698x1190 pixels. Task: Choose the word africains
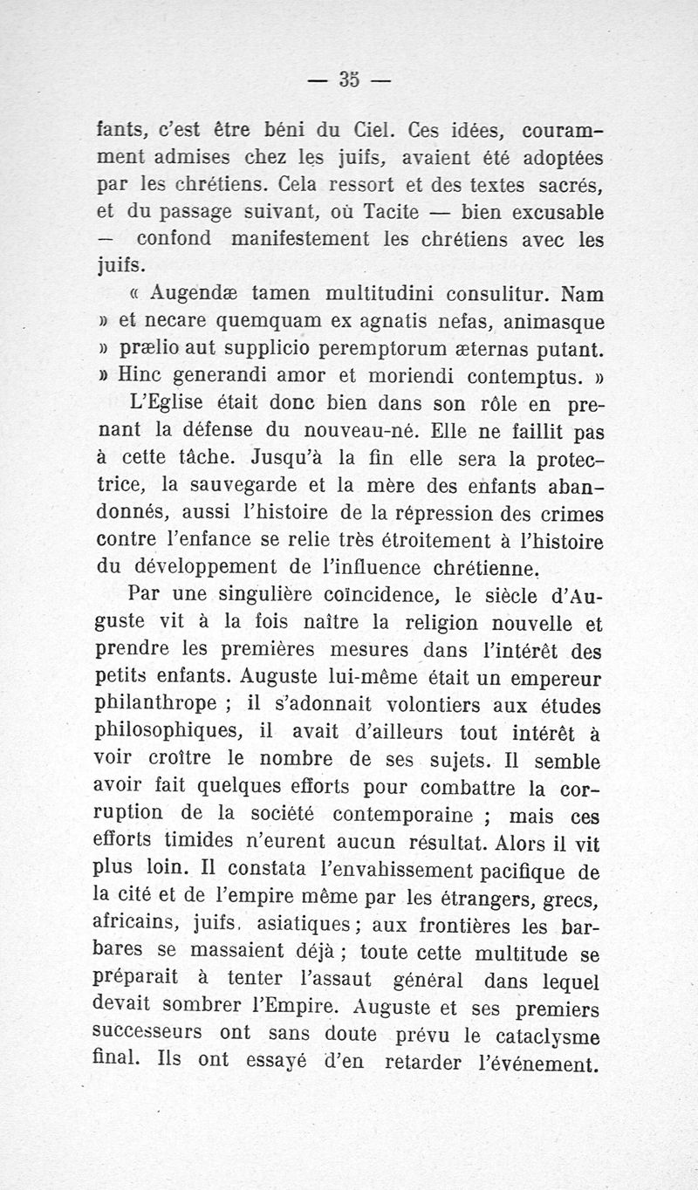(135, 923)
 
